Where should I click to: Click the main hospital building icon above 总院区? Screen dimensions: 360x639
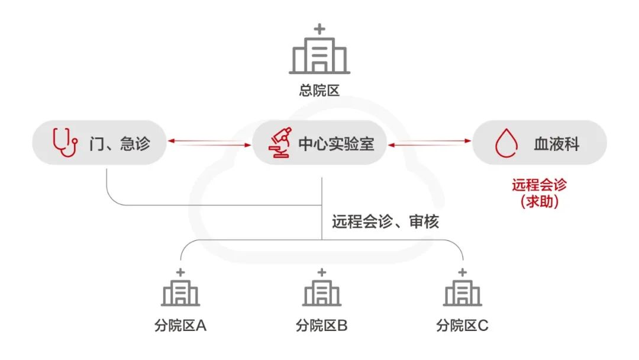click(319, 54)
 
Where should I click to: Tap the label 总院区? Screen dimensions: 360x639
click(319, 91)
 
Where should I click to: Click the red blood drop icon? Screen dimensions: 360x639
click(506, 143)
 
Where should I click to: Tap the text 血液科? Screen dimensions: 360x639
click(556, 143)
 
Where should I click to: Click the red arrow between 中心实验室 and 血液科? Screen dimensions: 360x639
click(430, 141)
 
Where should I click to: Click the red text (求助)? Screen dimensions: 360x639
click(539, 201)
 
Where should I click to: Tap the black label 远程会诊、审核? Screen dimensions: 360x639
click(385, 222)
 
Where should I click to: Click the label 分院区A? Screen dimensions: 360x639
click(180, 325)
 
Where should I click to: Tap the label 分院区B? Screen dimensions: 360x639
click(321, 325)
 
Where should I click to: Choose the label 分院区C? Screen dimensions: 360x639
click(463, 325)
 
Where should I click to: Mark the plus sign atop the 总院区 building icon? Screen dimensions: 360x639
click(319, 28)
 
